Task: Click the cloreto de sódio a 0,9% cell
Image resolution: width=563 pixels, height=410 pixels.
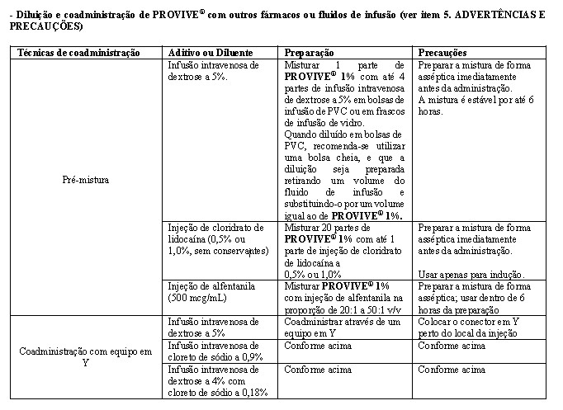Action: click(214, 351)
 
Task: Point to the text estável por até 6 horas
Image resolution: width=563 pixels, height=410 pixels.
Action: click(472, 105)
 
